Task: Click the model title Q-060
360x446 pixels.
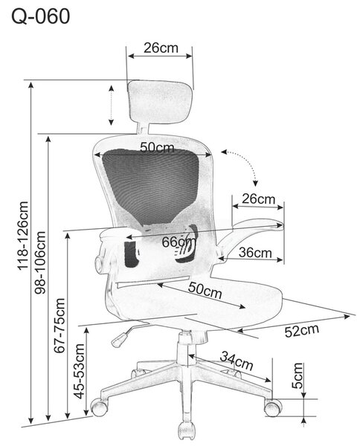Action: coord(40,16)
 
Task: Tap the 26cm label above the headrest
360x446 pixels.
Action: coord(161,48)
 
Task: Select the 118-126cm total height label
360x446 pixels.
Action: coord(23,236)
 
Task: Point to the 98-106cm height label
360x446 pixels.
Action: coord(40,262)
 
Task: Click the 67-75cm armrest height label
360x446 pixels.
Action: coord(60,326)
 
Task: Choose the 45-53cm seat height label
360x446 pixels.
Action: coord(79,371)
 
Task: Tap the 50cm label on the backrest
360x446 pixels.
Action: coord(157,147)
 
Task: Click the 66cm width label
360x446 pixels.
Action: coord(179,242)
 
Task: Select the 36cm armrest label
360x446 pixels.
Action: coord(255,252)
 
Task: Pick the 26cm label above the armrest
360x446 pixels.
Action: coord(258,198)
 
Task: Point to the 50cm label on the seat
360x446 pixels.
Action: coord(205,290)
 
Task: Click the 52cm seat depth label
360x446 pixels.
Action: coord(302,331)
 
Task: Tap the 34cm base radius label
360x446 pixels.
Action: coord(237,361)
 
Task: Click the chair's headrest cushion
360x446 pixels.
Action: coord(160,102)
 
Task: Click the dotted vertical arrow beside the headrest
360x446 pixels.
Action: coord(112,106)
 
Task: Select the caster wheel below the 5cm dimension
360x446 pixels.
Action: coord(273,408)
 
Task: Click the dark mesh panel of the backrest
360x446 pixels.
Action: coord(150,185)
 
